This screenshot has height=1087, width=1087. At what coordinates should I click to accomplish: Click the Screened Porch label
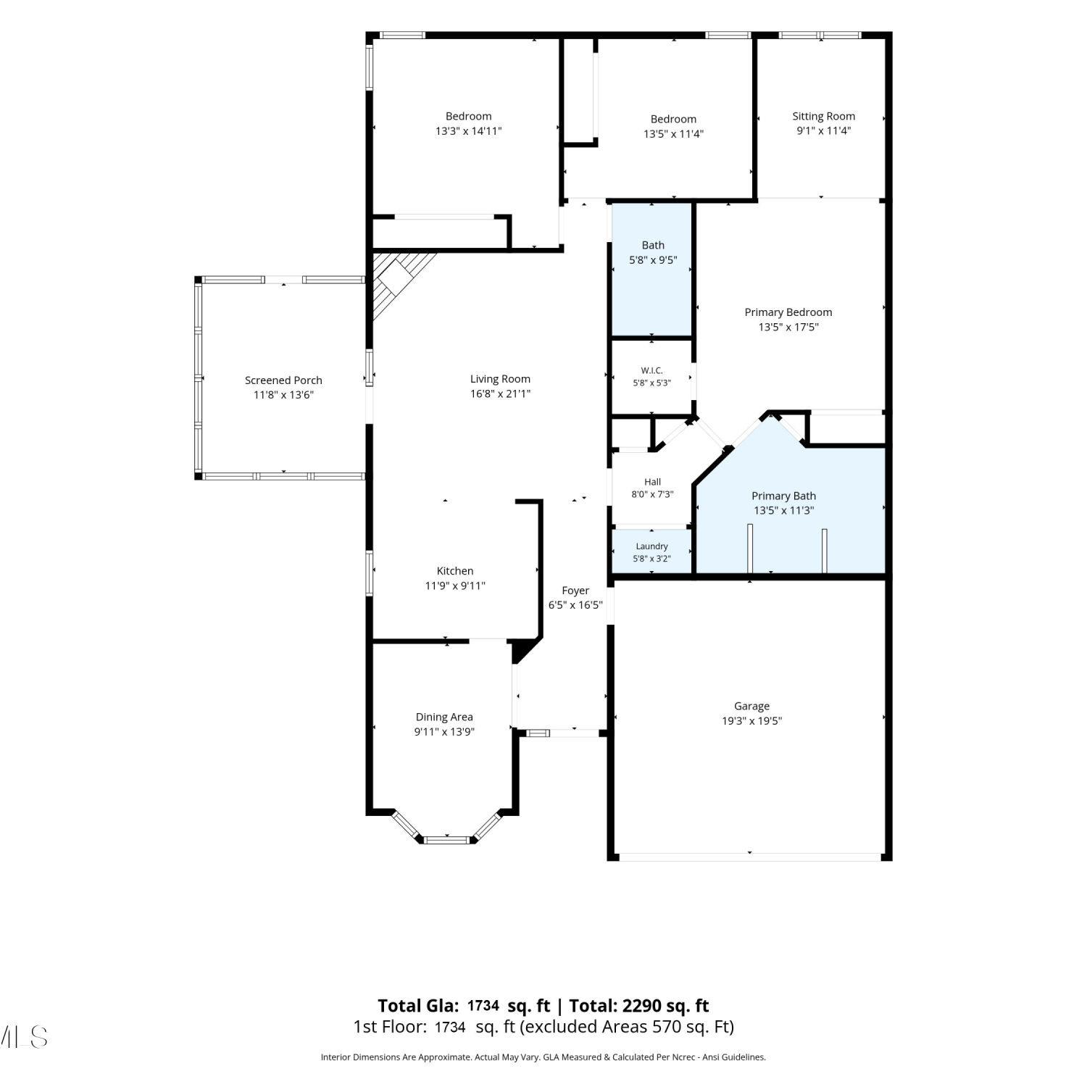[283, 380]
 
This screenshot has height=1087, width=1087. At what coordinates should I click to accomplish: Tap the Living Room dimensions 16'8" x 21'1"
[500, 394]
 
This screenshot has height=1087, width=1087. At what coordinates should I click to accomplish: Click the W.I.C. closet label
[652, 371]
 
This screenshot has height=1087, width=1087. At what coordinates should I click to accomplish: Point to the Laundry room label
[652, 546]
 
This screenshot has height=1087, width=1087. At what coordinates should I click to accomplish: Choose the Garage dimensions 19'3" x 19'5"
[751, 721]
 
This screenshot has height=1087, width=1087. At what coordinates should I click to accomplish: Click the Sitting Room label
[823, 117]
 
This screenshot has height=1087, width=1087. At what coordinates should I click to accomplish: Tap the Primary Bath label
[783, 496]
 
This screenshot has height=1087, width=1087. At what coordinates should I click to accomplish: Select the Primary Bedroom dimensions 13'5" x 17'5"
[788, 328]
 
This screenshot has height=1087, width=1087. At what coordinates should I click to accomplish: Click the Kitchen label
[455, 571]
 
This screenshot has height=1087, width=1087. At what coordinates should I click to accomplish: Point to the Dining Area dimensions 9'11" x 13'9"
[444, 732]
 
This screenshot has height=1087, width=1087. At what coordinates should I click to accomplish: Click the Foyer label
[575, 591]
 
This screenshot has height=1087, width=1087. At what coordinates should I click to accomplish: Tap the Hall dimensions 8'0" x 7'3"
[652, 495]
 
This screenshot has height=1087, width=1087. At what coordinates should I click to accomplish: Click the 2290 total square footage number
[641, 1006]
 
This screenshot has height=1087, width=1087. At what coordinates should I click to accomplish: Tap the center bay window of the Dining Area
[446, 840]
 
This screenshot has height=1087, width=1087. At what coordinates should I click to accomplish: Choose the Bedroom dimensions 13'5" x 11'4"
[673, 134]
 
